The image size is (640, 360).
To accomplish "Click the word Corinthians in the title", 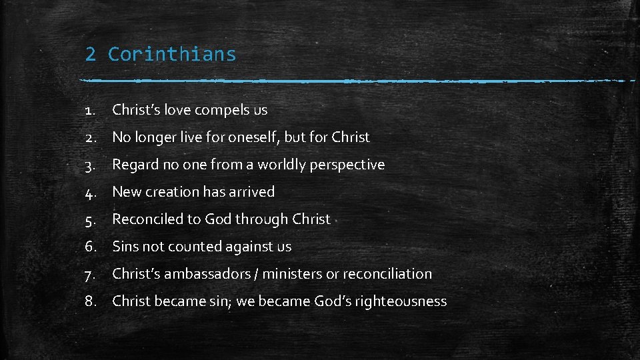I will (x=172, y=54).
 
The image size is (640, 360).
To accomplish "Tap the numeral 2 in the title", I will (x=90, y=54).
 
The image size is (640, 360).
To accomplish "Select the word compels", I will (x=222, y=110).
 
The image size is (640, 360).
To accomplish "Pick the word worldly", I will (x=280, y=165).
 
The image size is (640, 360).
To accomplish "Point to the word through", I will (x=259, y=219).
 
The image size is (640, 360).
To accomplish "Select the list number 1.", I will (x=91, y=110).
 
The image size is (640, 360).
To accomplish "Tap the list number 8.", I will (x=91, y=301).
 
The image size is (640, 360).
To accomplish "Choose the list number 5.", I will (x=91, y=219).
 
